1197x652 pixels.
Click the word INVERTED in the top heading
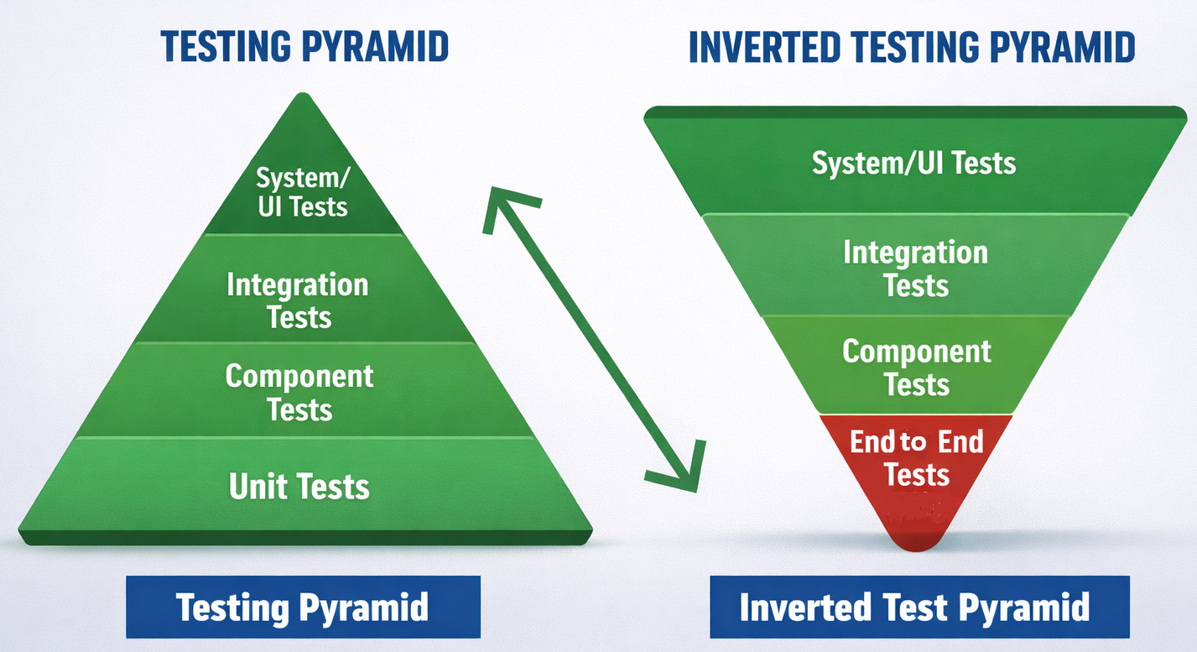pos(765,47)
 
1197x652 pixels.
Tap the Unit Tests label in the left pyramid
pos(299,487)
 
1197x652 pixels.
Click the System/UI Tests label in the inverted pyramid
pos(913,163)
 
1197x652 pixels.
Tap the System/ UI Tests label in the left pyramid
pos(303,192)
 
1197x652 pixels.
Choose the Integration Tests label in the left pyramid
pos(298,300)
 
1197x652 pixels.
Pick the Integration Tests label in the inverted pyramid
pos(916,269)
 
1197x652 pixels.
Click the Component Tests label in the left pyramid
pos(299,392)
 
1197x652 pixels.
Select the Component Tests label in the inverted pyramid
pos(917,368)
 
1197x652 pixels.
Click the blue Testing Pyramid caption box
pos(303,607)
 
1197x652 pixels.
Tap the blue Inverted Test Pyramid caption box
pos(919,607)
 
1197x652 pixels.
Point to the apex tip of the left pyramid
pos(303,94)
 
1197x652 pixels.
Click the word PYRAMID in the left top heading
pos(375,46)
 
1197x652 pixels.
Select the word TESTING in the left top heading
pos(226,46)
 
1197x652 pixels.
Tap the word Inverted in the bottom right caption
pos(805,608)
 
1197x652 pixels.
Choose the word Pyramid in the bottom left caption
pos(363,608)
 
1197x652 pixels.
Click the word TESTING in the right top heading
pos(916,47)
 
